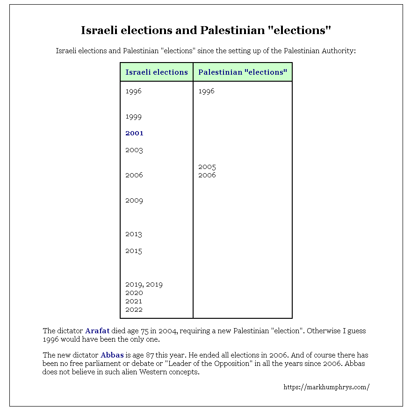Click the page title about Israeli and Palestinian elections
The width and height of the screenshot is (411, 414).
click(x=206, y=30)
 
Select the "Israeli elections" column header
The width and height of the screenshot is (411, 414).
click(x=157, y=72)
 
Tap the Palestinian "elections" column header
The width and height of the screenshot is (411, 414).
click(x=242, y=72)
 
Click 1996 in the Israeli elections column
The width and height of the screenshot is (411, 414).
click(x=133, y=91)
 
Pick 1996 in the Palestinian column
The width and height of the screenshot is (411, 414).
click(x=206, y=91)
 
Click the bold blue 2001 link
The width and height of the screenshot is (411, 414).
click(x=134, y=133)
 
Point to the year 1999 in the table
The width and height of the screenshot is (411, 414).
click(x=133, y=117)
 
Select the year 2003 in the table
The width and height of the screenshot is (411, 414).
click(x=134, y=150)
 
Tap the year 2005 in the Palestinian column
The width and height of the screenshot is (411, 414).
click(x=207, y=167)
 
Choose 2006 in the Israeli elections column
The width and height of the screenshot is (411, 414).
click(x=134, y=175)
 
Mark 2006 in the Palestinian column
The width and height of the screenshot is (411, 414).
click(x=207, y=175)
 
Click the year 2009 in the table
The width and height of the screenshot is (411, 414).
click(x=134, y=201)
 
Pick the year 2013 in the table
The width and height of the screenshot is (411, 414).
click(x=134, y=234)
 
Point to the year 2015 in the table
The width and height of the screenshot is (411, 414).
click(x=134, y=251)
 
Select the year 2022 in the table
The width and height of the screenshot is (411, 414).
click(x=134, y=309)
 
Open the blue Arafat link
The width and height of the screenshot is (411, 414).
click(x=97, y=331)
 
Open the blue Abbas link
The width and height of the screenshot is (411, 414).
click(x=112, y=355)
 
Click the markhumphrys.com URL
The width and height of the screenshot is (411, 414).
click(x=326, y=387)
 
